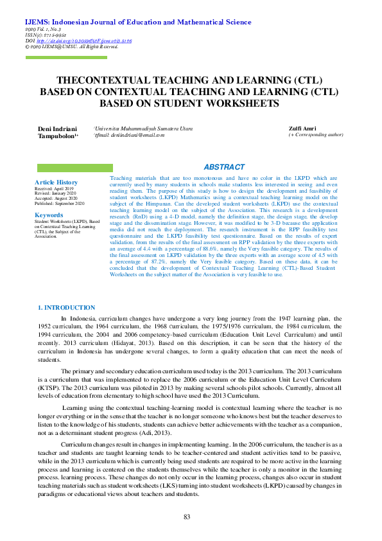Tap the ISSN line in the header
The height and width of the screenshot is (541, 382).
pos(47,35)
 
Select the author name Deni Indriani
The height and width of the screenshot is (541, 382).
pos(57,129)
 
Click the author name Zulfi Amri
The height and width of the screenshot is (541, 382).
pos(302,129)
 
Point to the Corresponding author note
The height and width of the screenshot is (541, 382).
pos(316,135)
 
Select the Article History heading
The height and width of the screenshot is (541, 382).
pos(56,182)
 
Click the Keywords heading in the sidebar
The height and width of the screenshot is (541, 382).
pos(49,215)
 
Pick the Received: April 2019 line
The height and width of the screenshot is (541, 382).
pos(54,188)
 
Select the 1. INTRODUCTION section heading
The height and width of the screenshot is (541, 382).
pos(67,308)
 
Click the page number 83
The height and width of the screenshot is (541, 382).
pos(187,517)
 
